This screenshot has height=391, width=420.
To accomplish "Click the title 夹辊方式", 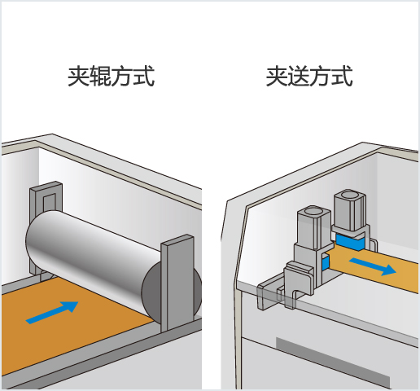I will (x=111, y=78).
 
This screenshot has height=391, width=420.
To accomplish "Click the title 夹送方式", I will (x=309, y=78).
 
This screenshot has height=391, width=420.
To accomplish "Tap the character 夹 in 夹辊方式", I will (x=78, y=78).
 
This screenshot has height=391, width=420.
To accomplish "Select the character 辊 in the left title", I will (x=99, y=78).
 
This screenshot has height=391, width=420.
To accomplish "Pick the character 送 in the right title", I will (x=298, y=78).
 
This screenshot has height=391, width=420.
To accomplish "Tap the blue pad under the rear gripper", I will (x=351, y=242).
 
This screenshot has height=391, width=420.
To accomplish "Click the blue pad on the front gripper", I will (x=325, y=263).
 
